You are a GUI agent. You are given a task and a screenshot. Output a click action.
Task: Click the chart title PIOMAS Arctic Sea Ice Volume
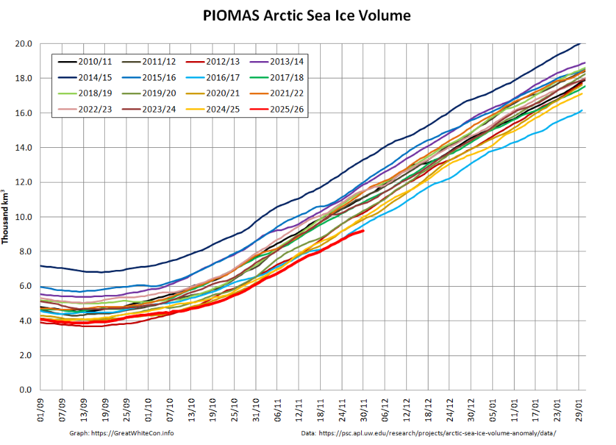pyautogui.click(x=307, y=15)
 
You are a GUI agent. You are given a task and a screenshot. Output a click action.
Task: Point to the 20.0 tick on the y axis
pyautogui.click(x=24, y=44)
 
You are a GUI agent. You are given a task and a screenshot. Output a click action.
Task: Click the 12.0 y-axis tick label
pyautogui.click(x=24, y=183)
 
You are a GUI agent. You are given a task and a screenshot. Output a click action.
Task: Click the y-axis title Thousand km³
pyautogui.click(x=6, y=216)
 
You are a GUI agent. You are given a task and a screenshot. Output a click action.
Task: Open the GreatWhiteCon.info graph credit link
pyautogui.click(x=122, y=433)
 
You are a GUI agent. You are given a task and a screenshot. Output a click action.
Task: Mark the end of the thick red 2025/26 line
pyautogui.click(x=363, y=230)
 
